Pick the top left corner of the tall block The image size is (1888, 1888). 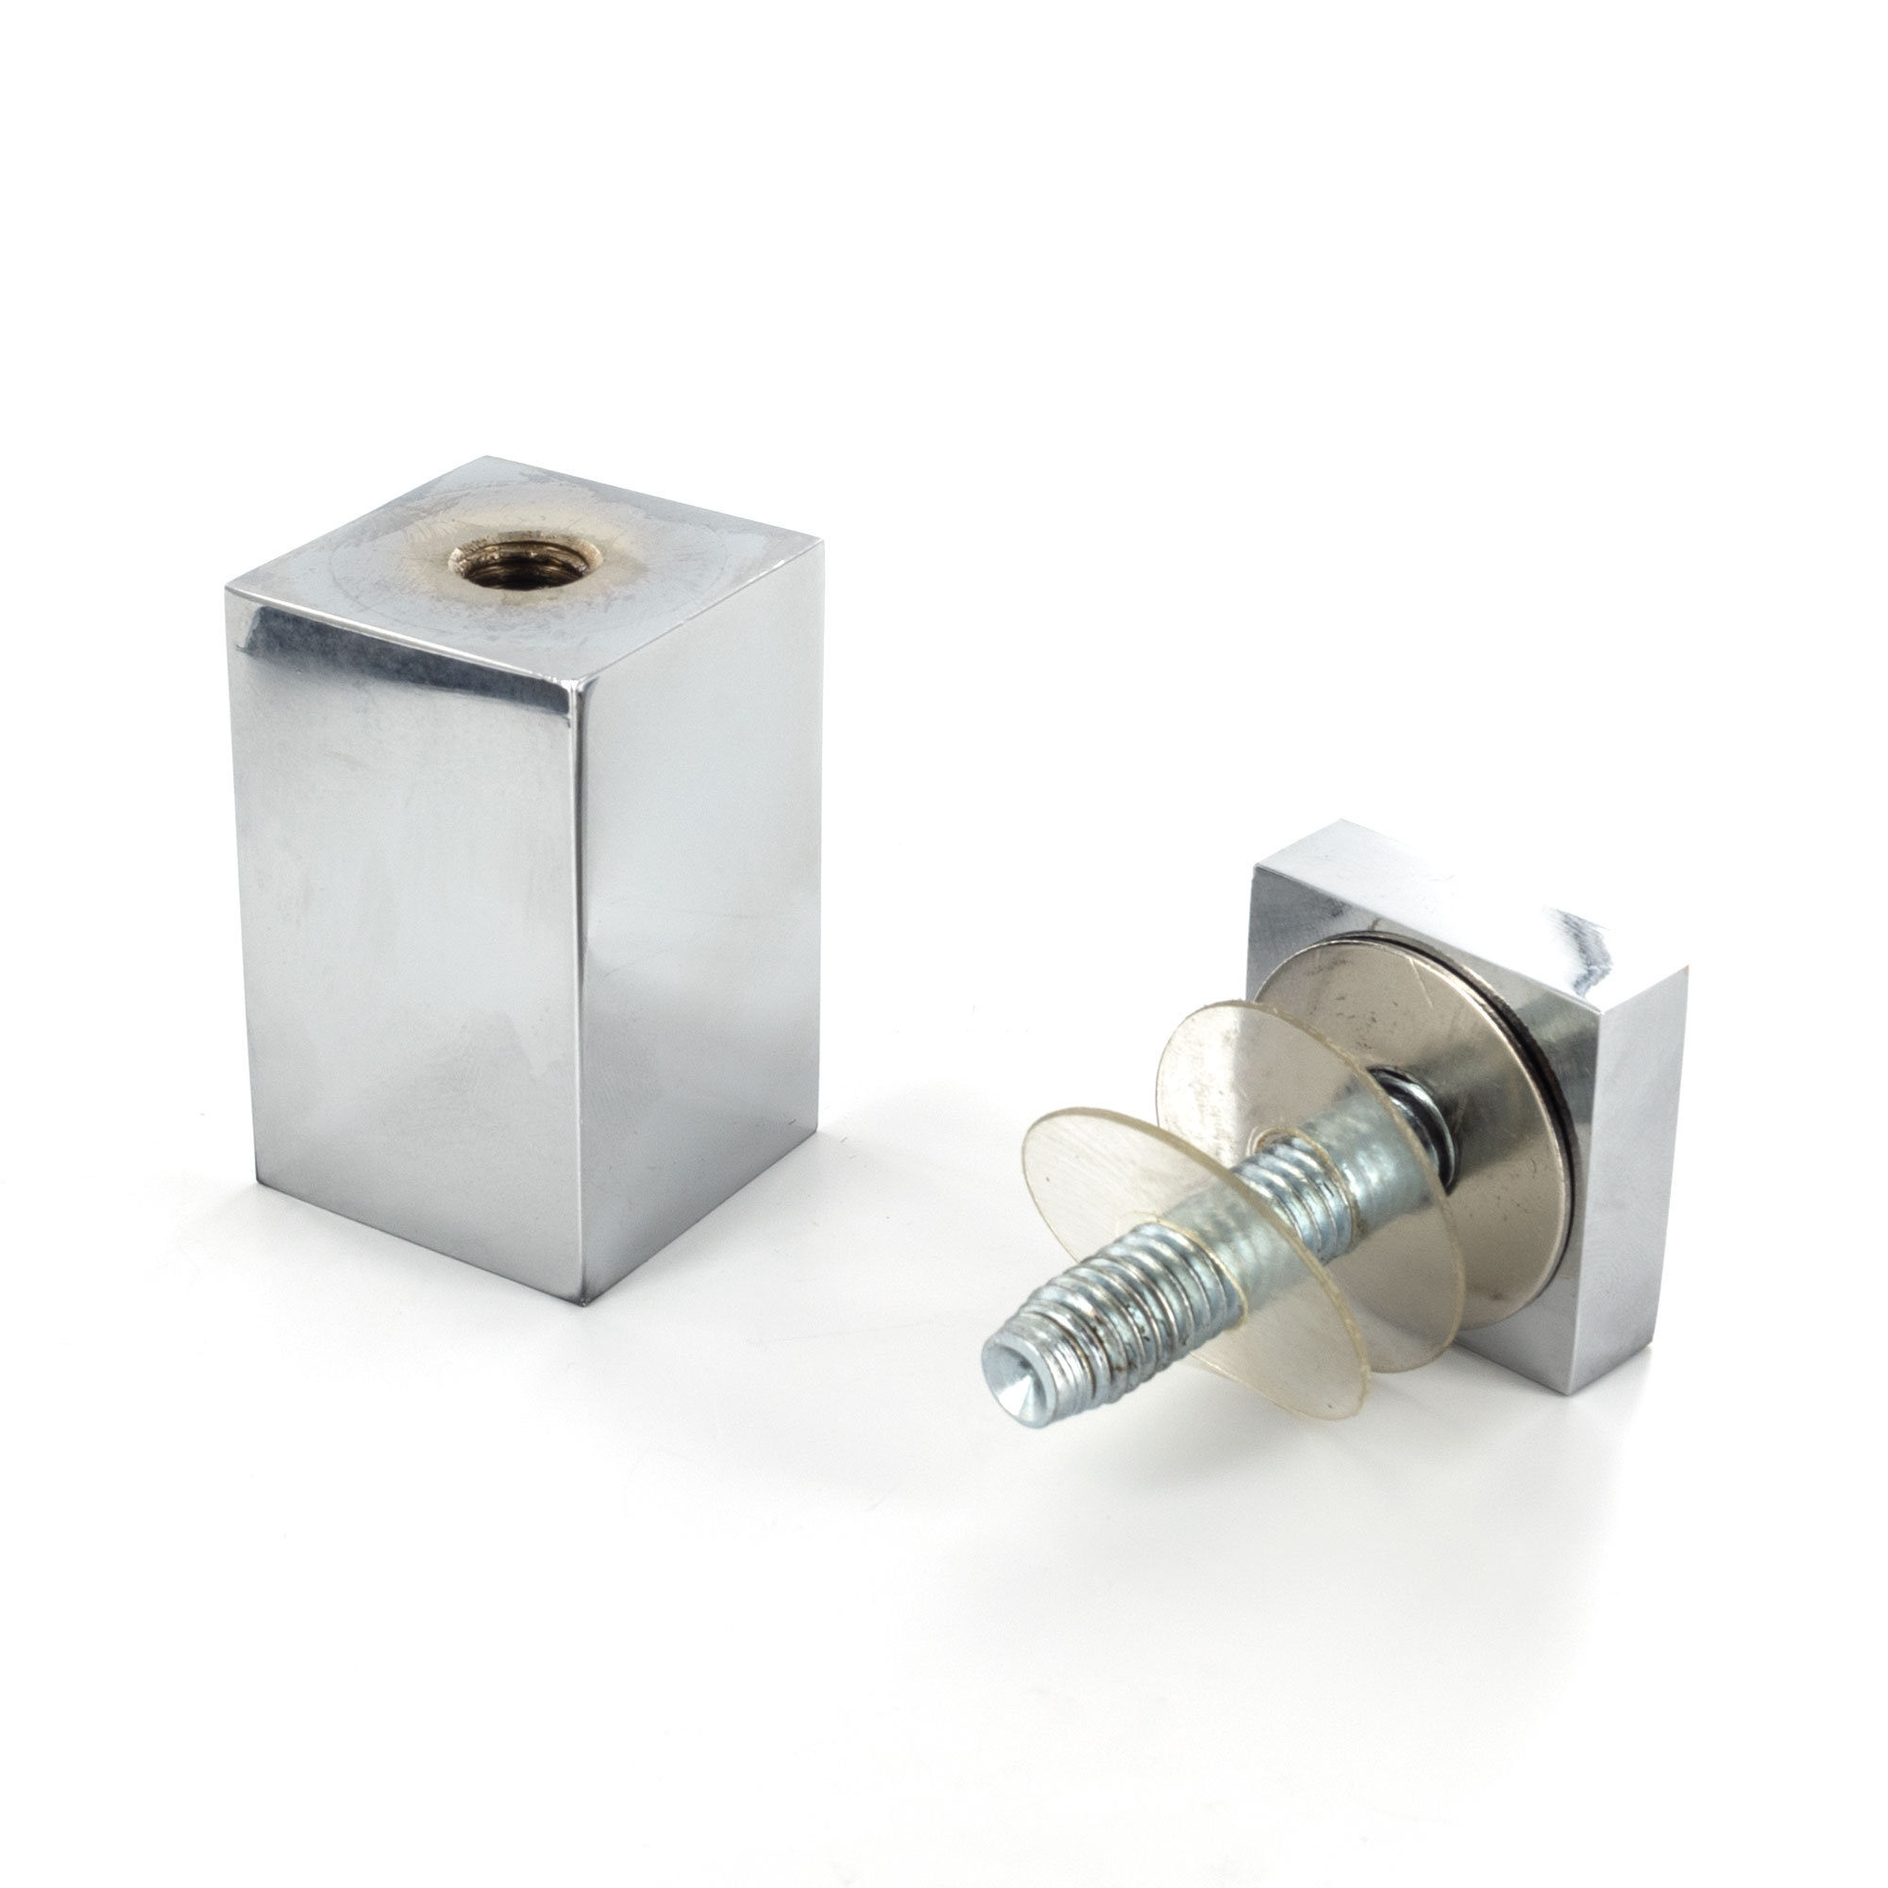click(x=227, y=588)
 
